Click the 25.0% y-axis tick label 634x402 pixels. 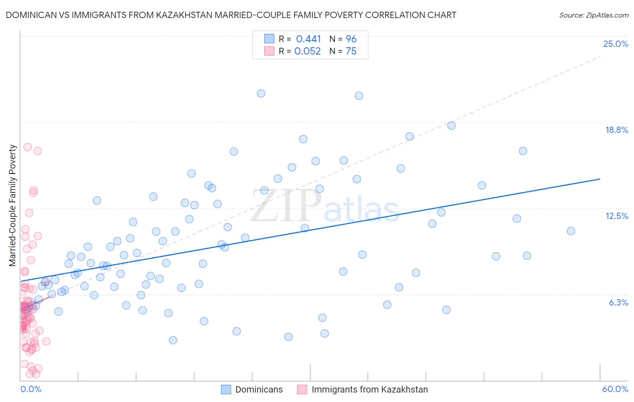coord(616,44)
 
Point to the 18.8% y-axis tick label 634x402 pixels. coord(616,130)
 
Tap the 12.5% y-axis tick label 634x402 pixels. coord(616,216)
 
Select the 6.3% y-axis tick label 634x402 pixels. coord(618,302)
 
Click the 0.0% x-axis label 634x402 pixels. coord(31,389)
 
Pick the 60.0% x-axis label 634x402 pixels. coord(615,389)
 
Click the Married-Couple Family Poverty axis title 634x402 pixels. coord(13,205)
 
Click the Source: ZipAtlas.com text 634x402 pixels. coord(593,15)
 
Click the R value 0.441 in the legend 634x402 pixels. coord(308,39)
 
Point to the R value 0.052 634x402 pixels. coord(308,51)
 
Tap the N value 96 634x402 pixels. coord(351,39)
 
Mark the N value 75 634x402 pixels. coord(351,51)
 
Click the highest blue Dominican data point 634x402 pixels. coord(261,94)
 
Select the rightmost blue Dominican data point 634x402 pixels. coord(571,231)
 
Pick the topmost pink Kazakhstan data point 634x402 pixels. coord(28,147)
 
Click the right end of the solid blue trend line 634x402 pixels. coord(600,179)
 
